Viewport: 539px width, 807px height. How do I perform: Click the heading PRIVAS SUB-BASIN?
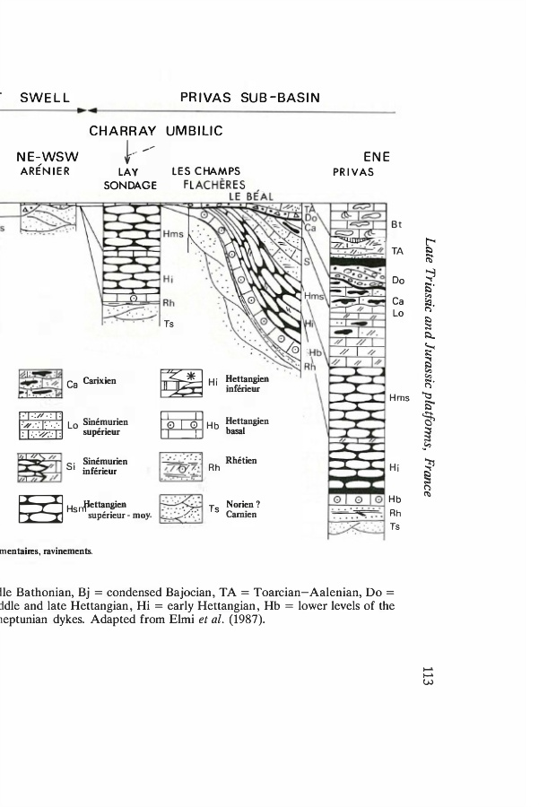pos(249,97)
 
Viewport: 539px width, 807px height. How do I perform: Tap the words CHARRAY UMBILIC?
pos(155,132)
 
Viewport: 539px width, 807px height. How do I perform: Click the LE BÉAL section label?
pos(250,197)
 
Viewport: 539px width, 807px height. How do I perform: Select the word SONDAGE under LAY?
pos(131,186)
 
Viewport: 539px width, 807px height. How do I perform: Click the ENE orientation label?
pos(361,158)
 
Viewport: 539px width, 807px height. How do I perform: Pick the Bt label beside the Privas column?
pos(397,225)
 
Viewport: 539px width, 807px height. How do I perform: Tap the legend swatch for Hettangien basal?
pos(180,425)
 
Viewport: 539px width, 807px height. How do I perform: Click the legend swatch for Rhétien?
pos(180,466)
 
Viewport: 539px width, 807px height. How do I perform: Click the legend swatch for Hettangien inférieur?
pos(180,383)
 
